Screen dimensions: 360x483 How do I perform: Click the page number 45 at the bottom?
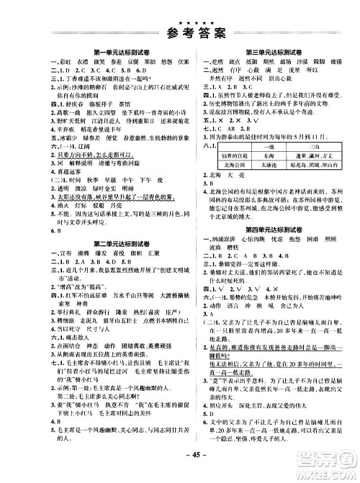[181, 474]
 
